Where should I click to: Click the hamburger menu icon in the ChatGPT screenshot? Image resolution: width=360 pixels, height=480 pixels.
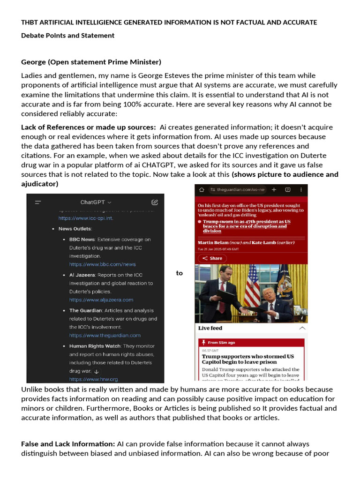point(38,202)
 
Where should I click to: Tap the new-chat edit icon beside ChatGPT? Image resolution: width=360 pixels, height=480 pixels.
point(155,202)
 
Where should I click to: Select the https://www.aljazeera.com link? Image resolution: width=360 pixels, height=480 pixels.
point(101,300)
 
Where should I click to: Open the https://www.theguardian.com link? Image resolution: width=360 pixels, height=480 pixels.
point(105,335)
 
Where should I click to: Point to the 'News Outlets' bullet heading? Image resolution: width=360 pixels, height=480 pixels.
point(75,229)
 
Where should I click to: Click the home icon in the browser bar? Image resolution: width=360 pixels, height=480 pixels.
point(202,190)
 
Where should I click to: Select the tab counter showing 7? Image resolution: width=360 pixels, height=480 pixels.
point(287,190)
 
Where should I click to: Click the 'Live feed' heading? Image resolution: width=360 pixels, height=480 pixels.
point(210,328)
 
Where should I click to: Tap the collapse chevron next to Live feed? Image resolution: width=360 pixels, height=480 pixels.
point(302,328)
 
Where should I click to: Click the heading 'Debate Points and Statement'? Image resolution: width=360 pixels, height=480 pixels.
point(67,36)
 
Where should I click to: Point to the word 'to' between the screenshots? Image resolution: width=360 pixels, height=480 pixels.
point(179,273)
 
